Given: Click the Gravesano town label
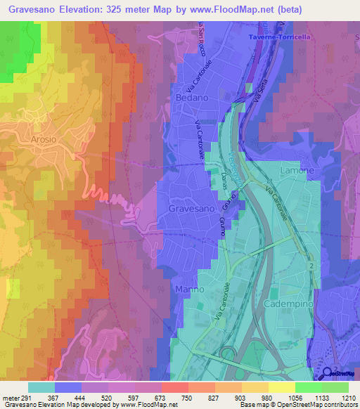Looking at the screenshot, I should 191,209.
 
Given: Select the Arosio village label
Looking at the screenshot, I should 44,140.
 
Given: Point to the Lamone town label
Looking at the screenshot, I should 297,171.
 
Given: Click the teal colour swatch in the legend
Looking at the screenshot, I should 41,387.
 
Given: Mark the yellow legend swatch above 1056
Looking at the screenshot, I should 281,387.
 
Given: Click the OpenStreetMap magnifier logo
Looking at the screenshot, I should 328,373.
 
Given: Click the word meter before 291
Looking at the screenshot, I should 10,398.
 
